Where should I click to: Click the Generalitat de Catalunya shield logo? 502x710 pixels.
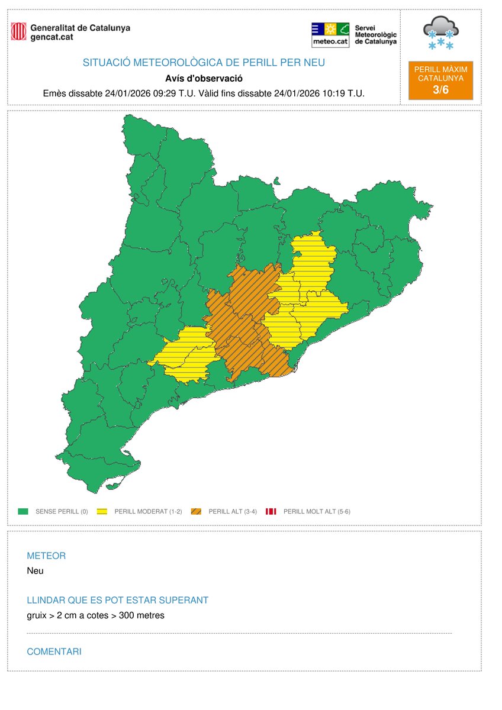click(19, 32)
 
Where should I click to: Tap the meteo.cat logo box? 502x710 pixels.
click(330, 35)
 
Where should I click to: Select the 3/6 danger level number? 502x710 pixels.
click(441, 89)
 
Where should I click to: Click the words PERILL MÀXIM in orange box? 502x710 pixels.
click(441, 70)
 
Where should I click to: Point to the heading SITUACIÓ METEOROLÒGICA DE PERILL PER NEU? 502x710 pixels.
click(204, 63)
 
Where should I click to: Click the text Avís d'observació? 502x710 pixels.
click(204, 78)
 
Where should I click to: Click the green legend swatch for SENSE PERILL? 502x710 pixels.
click(24, 511)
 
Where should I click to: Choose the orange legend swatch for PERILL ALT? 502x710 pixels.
click(196, 511)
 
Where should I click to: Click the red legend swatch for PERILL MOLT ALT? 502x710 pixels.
click(272, 511)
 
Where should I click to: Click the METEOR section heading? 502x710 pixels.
click(46, 556)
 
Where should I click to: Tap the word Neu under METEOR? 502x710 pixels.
click(35, 571)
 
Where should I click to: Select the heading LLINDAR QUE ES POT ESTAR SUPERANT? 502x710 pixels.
click(118, 601)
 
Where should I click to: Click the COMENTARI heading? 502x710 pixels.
click(54, 652)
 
